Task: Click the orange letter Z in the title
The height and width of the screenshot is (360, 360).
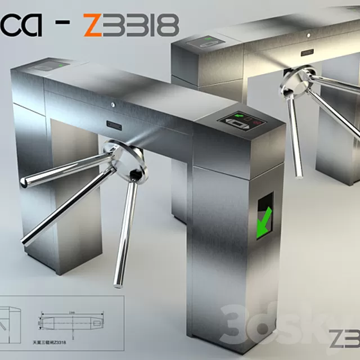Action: click(94, 25)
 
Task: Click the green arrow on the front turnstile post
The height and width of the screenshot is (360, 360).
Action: click(263, 220)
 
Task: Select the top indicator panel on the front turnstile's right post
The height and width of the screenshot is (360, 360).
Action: click(241, 120)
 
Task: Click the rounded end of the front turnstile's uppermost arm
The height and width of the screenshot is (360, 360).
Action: click(25, 181)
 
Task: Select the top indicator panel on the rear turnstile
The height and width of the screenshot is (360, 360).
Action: click(205, 42)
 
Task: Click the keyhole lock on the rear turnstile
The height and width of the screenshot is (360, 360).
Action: click(307, 35)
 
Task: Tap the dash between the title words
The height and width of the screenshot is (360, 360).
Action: click(65, 25)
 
